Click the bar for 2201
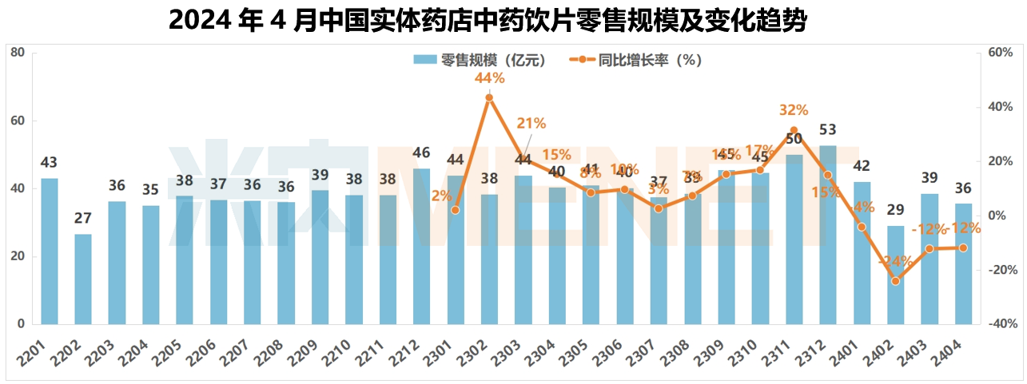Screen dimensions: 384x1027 point(50,251)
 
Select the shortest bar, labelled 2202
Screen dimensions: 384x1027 point(83,279)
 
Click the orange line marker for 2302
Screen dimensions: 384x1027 point(489,98)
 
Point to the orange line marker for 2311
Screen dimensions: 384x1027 point(794,130)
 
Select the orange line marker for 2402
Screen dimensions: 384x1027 point(896,281)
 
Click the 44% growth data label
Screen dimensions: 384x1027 point(489,78)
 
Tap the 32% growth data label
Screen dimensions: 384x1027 point(794,110)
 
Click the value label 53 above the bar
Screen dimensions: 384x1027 point(828,130)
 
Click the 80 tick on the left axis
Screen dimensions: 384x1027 point(18,53)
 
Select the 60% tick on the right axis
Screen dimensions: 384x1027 point(1001,53)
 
